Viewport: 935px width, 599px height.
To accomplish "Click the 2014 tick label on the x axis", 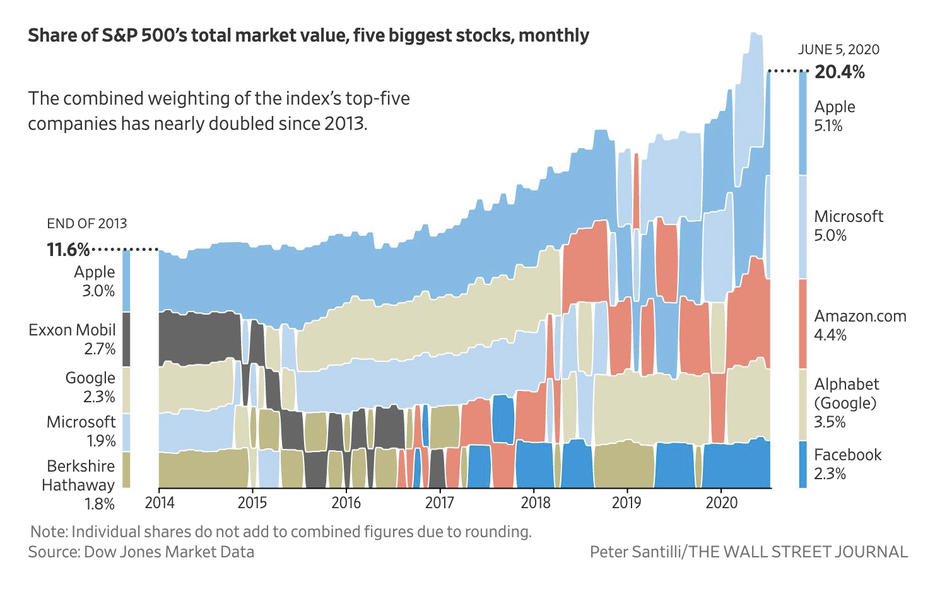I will click(160, 503).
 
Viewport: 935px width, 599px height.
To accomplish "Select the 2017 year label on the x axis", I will click(440, 503).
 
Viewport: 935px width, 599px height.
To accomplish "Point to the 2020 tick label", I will click(721, 503).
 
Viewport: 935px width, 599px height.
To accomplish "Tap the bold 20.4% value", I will click(839, 72).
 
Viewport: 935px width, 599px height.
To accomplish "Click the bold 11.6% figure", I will click(68, 250).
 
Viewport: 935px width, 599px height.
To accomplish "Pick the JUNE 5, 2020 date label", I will click(838, 50).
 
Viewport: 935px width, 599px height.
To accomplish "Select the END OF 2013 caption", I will click(87, 223).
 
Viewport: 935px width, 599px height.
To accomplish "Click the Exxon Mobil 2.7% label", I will click(73, 339).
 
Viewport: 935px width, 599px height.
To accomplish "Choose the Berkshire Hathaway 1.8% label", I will click(79, 484).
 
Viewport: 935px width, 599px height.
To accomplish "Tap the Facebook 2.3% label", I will click(847, 464).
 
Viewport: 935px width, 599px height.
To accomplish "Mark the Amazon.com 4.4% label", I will click(860, 325).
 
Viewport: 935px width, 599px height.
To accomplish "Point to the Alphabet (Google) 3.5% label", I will click(846, 403).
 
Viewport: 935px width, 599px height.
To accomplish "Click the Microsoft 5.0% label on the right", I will click(848, 226).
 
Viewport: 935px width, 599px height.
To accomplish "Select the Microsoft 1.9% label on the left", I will click(81, 431).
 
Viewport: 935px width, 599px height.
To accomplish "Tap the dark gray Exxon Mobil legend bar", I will click(126, 339).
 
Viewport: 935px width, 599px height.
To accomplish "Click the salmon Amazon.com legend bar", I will click(803, 323).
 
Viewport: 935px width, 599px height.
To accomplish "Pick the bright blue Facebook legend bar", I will click(803, 464).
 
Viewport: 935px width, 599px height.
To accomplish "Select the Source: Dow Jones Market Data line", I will click(141, 552).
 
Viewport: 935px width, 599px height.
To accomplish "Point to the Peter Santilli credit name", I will click(635, 552).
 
